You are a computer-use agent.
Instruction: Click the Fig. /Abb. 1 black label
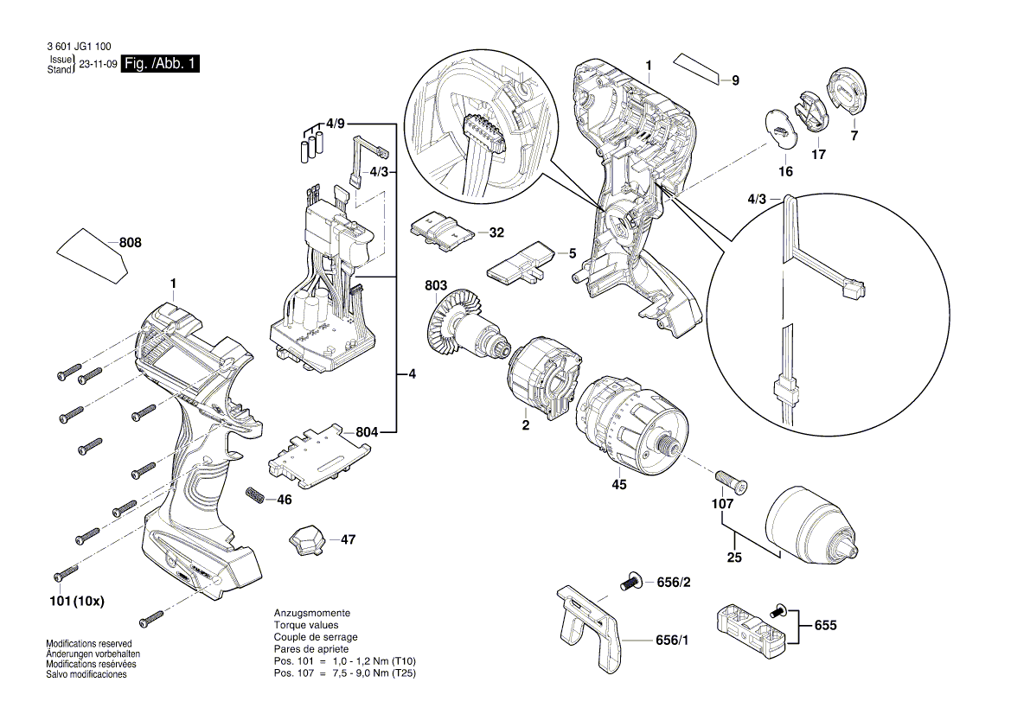(161, 65)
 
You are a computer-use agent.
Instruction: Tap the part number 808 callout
(130, 245)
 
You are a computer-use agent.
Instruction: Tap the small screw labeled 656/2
(630, 583)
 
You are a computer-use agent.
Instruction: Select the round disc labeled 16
(782, 131)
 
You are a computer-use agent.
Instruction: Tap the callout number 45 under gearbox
(619, 485)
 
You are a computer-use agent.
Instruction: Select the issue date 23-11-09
(97, 65)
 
